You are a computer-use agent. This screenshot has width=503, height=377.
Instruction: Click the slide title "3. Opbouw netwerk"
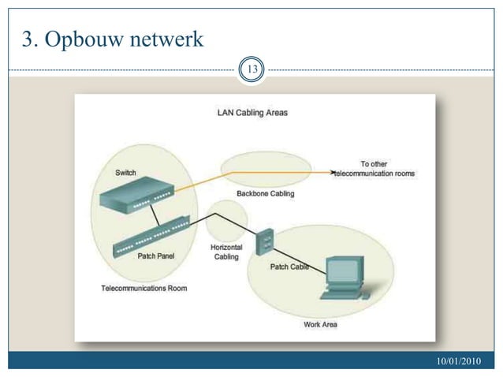[x=113, y=39]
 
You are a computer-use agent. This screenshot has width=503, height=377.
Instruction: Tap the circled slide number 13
[x=251, y=69]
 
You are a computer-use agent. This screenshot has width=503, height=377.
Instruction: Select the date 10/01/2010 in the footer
[x=458, y=361]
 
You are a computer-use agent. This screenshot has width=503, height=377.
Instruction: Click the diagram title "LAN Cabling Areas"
[x=252, y=113]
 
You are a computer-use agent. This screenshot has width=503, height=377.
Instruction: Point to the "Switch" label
[x=125, y=173]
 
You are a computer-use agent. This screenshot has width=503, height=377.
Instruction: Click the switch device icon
[x=137, y=195]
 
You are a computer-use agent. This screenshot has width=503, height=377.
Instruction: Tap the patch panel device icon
[x=151, y=237]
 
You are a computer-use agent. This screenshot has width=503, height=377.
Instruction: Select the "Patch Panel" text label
[x=156, y=256]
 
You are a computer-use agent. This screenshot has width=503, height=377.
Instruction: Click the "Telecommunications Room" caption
[x=144, y=288]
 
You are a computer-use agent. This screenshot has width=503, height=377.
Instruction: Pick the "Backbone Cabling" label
[x=265, y=193]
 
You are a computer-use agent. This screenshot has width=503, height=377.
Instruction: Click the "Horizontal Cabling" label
[x=226, y=252]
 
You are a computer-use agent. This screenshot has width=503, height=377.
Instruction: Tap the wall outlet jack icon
[x=265, y=241]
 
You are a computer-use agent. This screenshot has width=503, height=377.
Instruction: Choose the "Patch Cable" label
[x=289, y=267]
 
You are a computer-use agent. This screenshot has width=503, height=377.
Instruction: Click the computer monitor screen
[x=343, y=271]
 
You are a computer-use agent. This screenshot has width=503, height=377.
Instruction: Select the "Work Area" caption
[x=320, y=324]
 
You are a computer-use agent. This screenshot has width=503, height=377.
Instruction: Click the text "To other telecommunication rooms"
[x=374, y=169]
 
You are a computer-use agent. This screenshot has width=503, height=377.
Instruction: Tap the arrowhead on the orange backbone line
[x=333, y=172]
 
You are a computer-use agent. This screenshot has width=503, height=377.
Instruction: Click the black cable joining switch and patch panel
[x=155, y=215]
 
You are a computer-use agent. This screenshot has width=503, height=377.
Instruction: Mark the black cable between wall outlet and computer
[x=300, y=262]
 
